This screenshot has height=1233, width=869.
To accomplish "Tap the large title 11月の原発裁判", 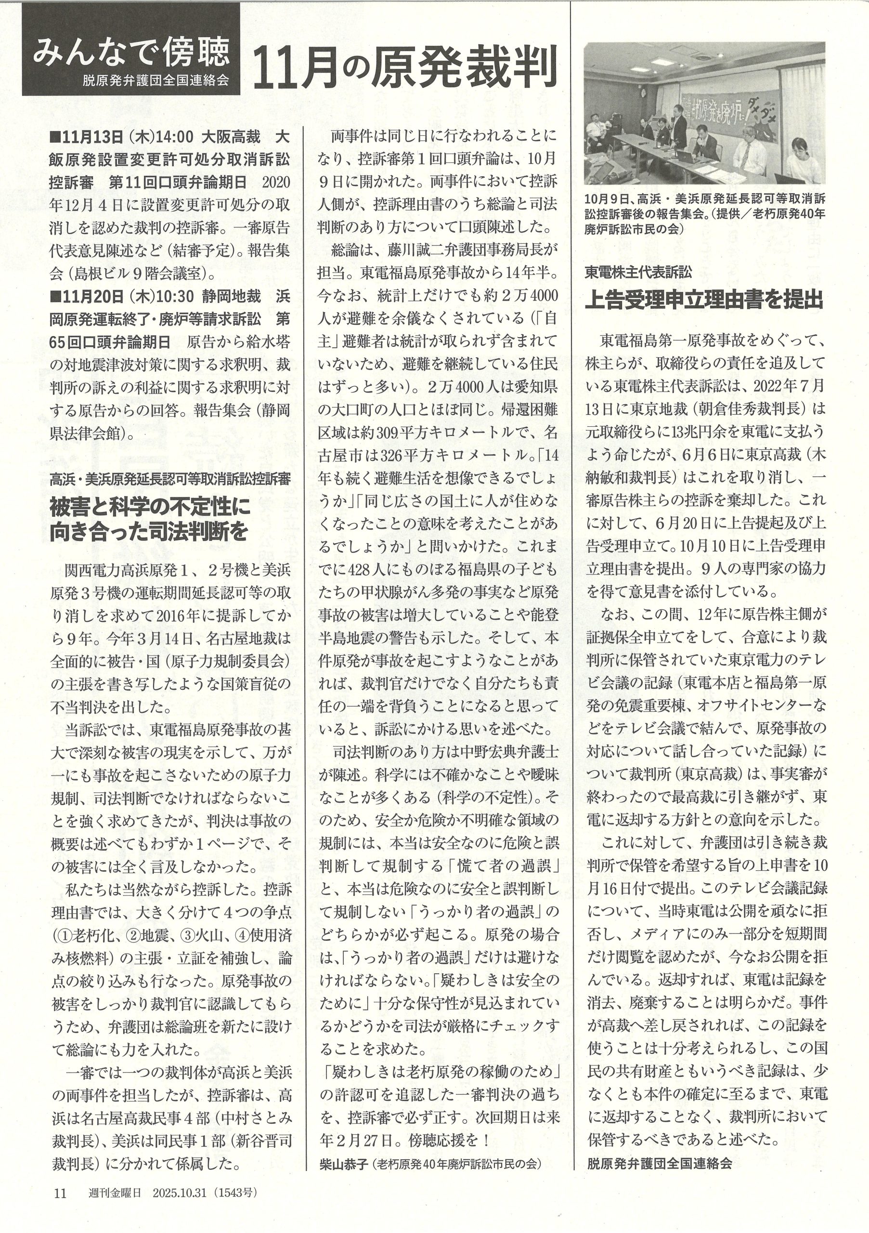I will pyautogui.click(x=403, y=66).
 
